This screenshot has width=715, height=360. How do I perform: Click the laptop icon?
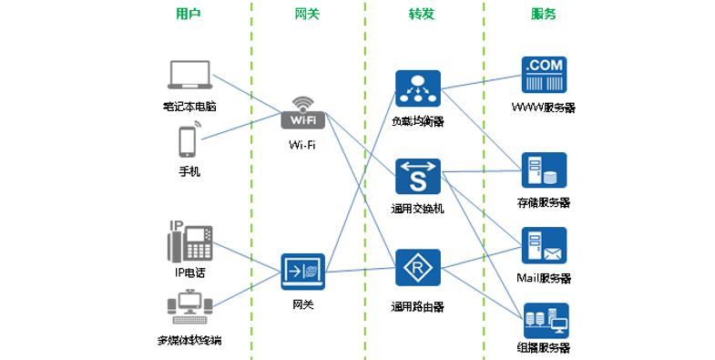point(189,77)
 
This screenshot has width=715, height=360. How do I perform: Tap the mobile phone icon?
point(188,142)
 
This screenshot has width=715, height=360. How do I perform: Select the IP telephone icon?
point(189,240)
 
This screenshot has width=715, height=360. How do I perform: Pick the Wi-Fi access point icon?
point(303,113)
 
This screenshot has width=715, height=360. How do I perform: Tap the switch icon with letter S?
point(418,176)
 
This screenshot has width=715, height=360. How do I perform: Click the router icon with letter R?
point(418,270)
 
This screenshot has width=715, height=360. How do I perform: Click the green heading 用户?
point(188,15)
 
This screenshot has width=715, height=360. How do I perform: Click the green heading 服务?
point(543,15)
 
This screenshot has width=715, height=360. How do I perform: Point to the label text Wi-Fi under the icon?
point(302,145)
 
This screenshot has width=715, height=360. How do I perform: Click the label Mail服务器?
point(544,278)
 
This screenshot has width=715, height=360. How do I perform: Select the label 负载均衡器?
point(417,121)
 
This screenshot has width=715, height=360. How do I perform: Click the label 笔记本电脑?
point(189,107)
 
